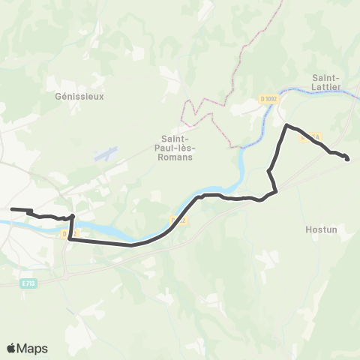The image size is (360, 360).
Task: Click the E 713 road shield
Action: pyautogui.click(x=29, y=283)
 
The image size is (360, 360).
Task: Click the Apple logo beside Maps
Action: pyautogui.click(x=11, y=348)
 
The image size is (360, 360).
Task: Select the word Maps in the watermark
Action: pyautogui.click(x=33, y=348)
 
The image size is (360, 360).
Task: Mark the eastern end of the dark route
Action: pyautogui.click(x=348, y=158)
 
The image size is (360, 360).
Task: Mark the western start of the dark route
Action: pyautogui.click(x=12, y=209)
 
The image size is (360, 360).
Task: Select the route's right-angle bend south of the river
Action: pyautogui.click(x=72, y=240)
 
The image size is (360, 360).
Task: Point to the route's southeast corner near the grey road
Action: pyautogui.click(x=276, y=190)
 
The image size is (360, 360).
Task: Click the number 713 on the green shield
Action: pyautogui.click(x=32, y=283)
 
